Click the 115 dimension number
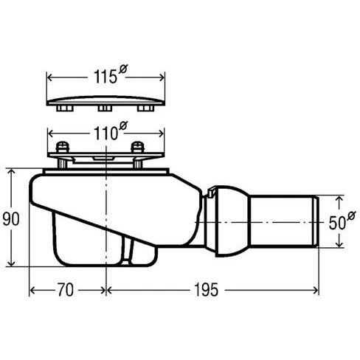coord(105,77)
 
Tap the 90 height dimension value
coord(11,219)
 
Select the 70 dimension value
coord(66,290)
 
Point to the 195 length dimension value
coord(206,290)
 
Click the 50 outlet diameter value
coord(337,223)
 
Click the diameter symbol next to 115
coord(123,69)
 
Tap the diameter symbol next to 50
coord(351,216)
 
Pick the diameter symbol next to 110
coord(123,126)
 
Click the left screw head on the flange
coord(63,147)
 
